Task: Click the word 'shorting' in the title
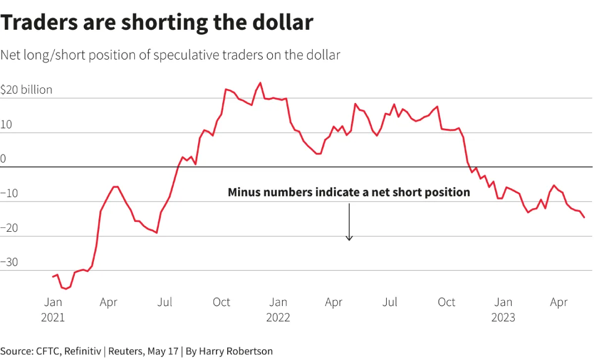point(164,23)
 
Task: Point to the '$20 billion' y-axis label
point(26,90)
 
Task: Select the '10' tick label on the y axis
point(6,124)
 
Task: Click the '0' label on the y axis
point(3,158)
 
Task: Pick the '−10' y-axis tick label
point(9,193)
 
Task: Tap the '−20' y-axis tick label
point(9,228)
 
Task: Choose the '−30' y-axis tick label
point(9,262)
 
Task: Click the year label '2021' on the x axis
point(53,317)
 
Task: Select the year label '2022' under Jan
point(278,317)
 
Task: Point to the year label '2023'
point(503,317)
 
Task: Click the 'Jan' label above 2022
point(278,302)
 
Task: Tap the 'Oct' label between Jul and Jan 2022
point(221,302)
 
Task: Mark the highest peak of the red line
point(260,83)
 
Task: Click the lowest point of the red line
point(66,289)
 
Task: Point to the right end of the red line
point(584,217)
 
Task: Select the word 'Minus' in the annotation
point(244,192)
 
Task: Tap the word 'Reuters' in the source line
point(126,351)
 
